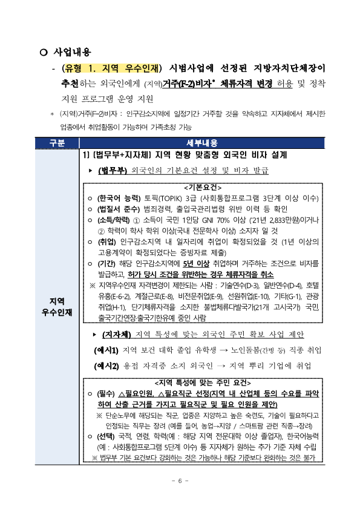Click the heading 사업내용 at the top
click(73, 53)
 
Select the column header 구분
click(57, 143)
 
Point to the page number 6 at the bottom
click(180, 481)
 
